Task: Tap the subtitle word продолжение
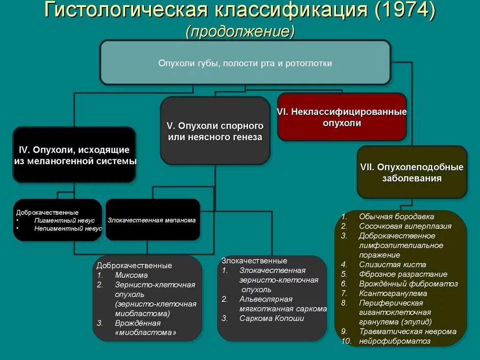coord(240,31)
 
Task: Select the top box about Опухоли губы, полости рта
coord(245,63)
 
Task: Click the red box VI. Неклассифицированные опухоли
coord(342,117)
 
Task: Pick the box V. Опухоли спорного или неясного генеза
coord(215,131)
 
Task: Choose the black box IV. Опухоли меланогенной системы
coord(75,155)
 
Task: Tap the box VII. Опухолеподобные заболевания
coord(412,172)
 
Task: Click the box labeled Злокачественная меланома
coord(152,220)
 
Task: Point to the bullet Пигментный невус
coord(64,220)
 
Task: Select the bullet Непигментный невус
coord(68,229)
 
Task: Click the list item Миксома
coord(131,275)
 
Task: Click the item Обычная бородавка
coord(397,217)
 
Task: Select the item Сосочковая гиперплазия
coord(405,226)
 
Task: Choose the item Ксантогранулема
coord(393,293)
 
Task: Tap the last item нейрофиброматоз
coord(395,341)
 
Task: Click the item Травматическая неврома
coord(407,331)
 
